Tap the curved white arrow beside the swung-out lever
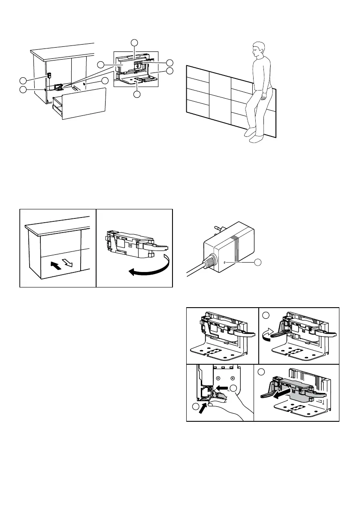pyautogui.click(x=269, y=333)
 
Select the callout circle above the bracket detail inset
pyautogui.click(x=134, y=42)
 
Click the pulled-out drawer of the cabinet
pyautogui.click(x=82, y=103)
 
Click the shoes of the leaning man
pyautogui.click(x=253, y=136)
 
